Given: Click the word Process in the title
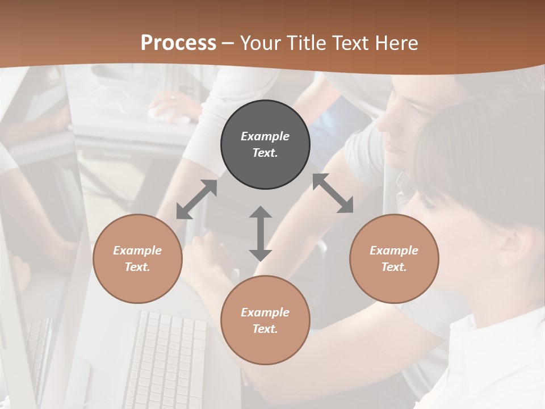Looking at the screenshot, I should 178,43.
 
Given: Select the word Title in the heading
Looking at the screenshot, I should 307,43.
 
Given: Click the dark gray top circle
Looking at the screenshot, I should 265,145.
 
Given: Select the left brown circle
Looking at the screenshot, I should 137,258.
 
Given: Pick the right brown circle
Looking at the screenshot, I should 394,258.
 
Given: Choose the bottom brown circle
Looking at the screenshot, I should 265,320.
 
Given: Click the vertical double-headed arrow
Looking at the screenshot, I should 261,233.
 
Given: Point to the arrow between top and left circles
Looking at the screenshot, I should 197,199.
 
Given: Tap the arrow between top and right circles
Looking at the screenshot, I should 333,194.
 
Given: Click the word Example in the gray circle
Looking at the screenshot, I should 265,136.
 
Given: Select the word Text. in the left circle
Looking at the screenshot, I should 137,267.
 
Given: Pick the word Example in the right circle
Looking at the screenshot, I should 394,251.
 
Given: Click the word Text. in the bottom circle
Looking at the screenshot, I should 265,329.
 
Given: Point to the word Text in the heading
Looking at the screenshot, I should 348,43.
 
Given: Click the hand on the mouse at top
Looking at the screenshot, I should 173,106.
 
